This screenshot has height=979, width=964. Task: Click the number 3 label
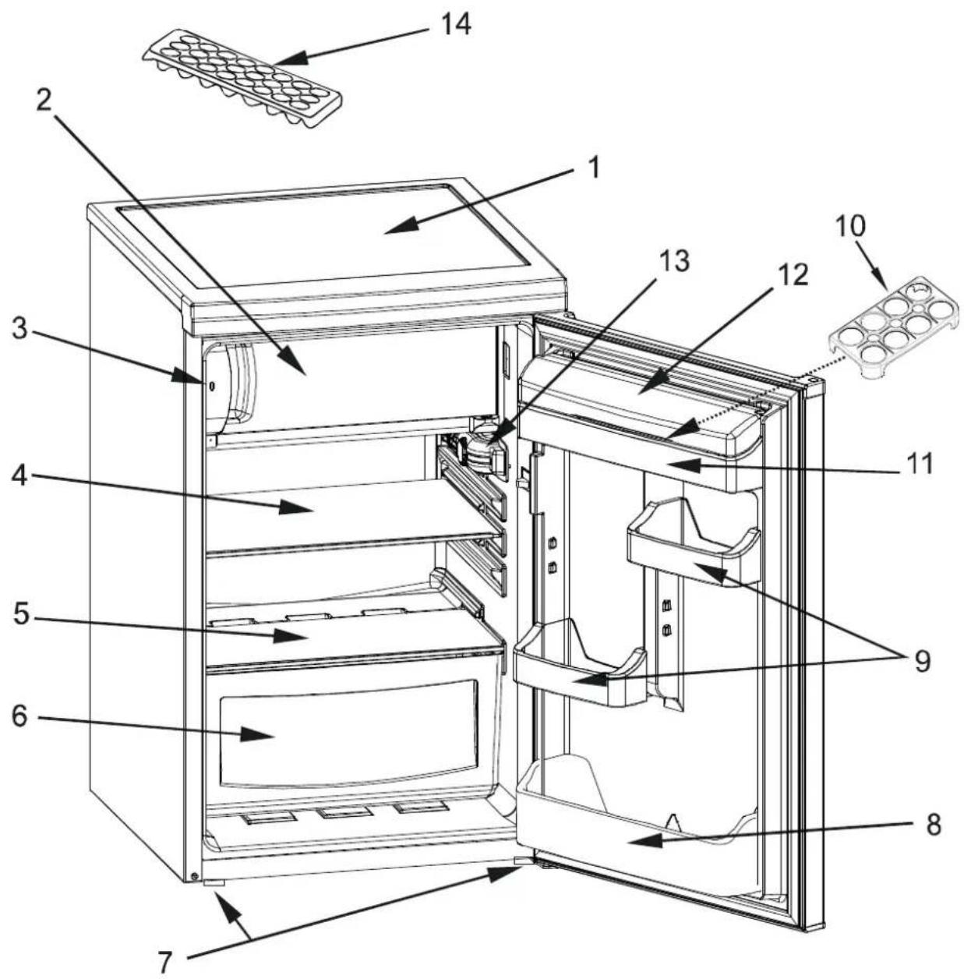pos(19,329)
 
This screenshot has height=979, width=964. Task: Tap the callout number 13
pos(674,261)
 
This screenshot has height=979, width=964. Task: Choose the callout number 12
pos(792,274)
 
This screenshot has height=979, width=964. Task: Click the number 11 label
pos(919,463)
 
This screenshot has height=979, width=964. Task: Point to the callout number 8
pos(933,825)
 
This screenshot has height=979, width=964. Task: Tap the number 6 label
pos(19,716)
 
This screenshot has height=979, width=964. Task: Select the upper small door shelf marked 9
pos(694,543)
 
